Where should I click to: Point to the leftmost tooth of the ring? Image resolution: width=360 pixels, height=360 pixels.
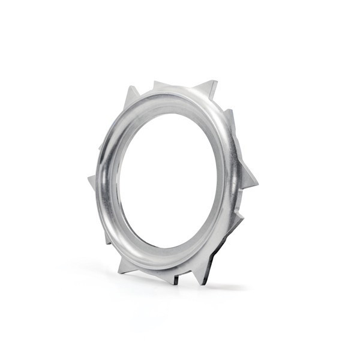[x=93, y=182]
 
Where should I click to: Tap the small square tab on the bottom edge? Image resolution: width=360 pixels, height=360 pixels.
[x=176, y=280]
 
